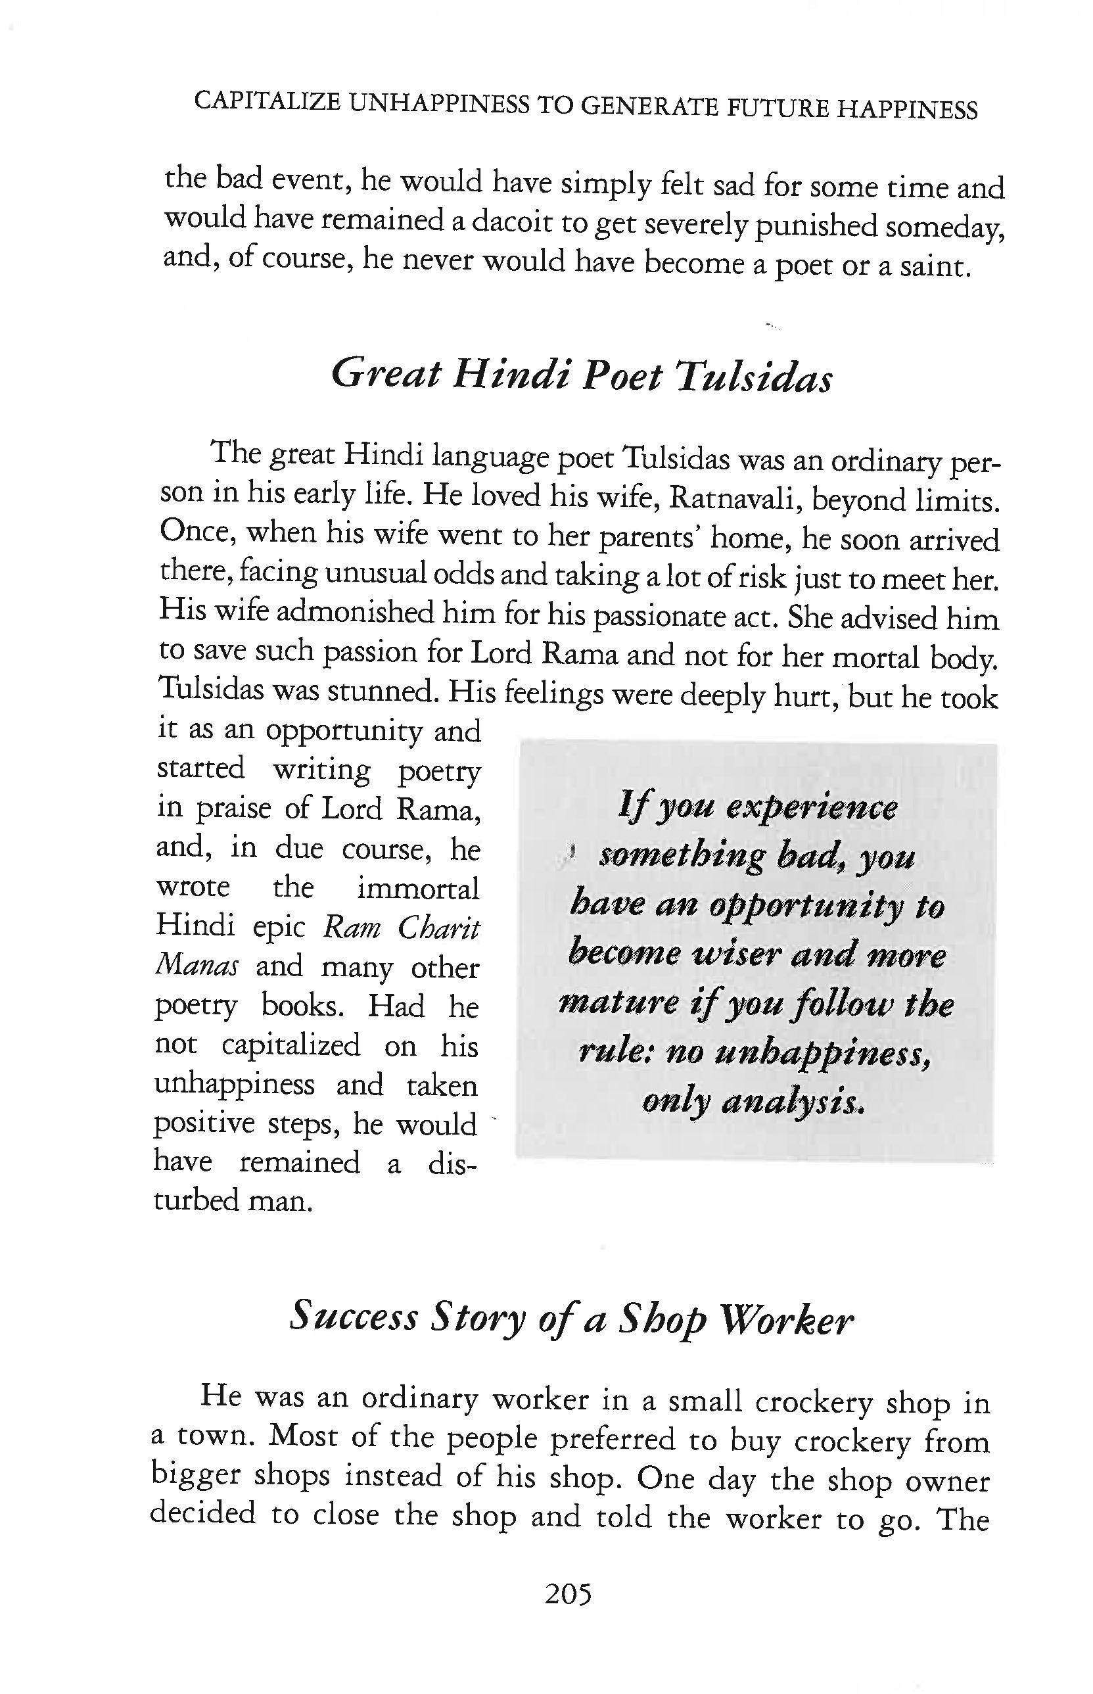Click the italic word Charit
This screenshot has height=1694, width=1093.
tap(438, 928)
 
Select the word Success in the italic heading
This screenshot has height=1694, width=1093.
tap(354, 1317)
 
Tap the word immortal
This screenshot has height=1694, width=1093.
tap(418, 889)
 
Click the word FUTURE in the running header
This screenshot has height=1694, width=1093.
tap(776, 106)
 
